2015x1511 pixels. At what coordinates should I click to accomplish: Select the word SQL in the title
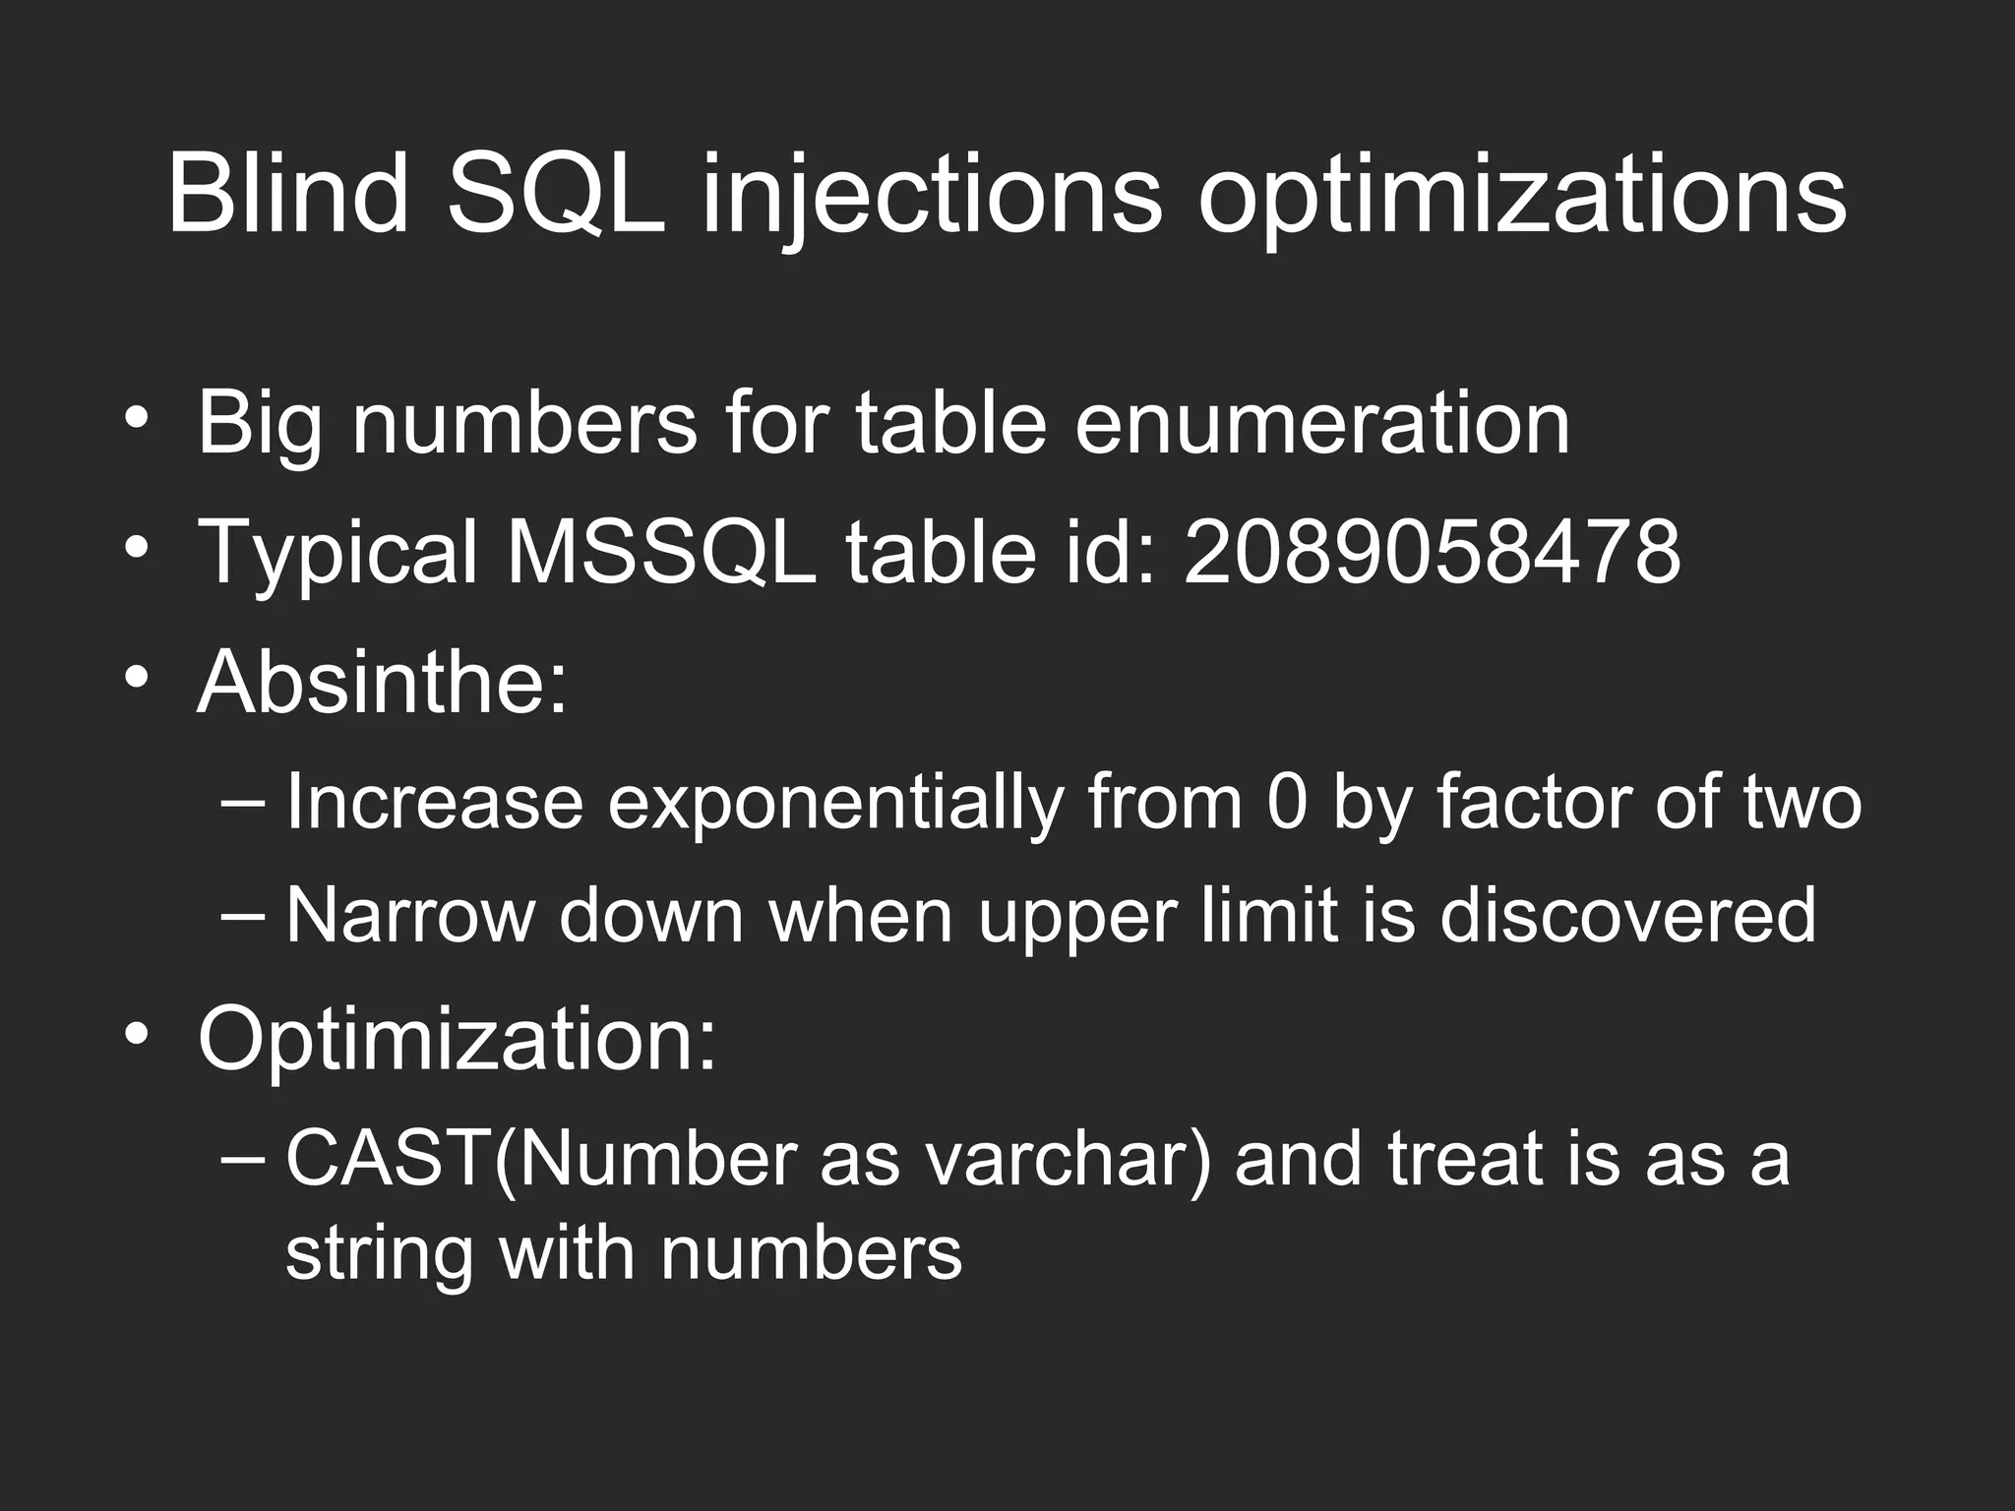pos(556,194)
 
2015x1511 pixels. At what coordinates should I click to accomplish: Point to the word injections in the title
pos(931,196)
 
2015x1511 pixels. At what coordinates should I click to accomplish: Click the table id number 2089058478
pos(1432,552)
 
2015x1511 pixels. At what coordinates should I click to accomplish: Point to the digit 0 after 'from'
pos(1287,802)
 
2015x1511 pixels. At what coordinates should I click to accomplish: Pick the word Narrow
pos(409,915)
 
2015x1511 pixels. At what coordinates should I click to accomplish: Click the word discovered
pos(1627,915)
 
